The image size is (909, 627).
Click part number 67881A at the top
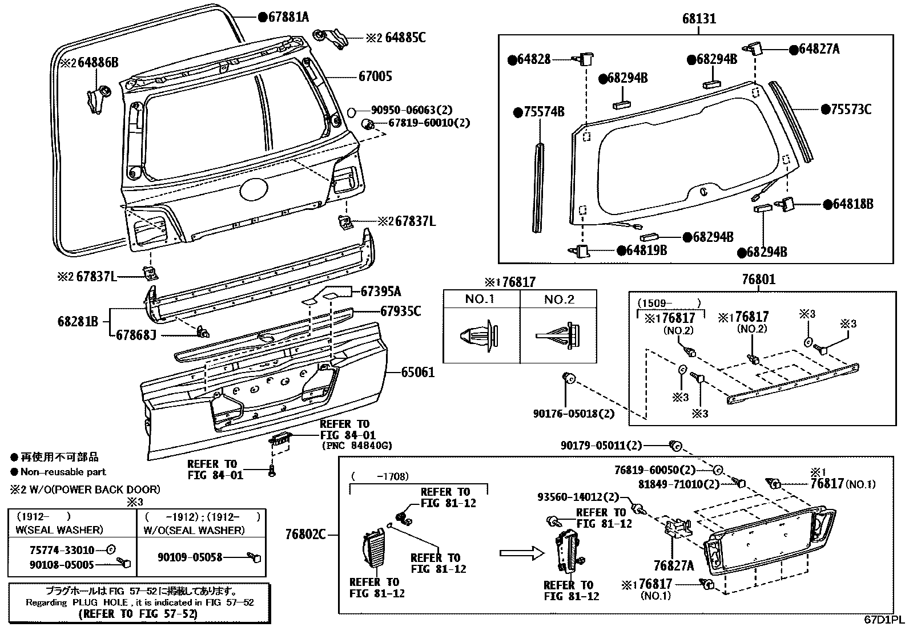[x=288, y=17]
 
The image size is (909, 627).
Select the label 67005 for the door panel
[x=375, y=76]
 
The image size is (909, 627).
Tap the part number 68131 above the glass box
[x=698, y=19]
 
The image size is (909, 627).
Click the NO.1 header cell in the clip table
[x=480, y=300]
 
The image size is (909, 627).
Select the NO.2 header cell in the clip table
[x=558, y=300]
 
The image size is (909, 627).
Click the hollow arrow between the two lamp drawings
[x=520, y=552]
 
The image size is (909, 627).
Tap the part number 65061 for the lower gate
[x=417, y=372]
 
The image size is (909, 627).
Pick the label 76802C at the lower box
[x=305, y=535]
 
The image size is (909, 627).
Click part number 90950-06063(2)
[x=403, y=111]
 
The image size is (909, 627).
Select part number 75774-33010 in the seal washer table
[x=62, y=551]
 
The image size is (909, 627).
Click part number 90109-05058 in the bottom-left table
[x=190, y=557]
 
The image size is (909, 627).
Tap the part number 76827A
[x=674, y=565]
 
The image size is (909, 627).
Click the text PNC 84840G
[x=357, y=446]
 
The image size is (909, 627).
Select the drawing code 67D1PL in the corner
[x=884, y=620]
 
